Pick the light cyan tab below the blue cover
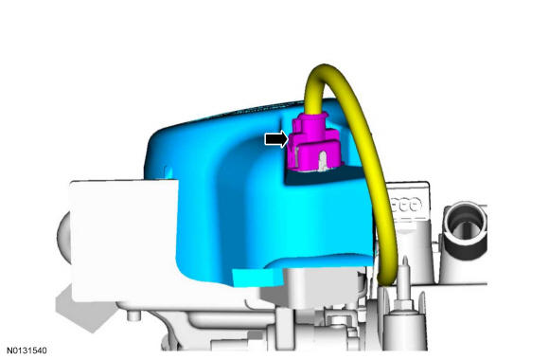pos(256,276)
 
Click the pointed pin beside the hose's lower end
pos(403,270)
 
